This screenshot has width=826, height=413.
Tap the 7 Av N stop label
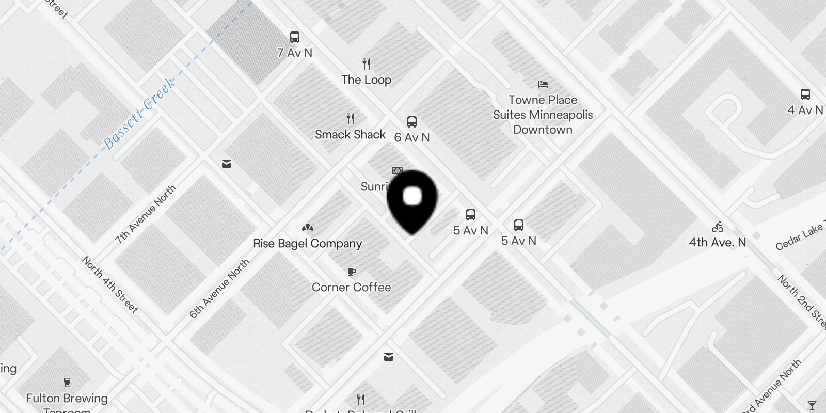[x=295, y=53]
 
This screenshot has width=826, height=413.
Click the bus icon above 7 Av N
[x=295, y=37]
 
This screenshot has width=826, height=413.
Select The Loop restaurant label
[x=366, y=80]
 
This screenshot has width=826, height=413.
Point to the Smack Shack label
[x=350, y=134]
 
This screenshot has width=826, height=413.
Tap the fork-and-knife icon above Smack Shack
[x=351, y=119]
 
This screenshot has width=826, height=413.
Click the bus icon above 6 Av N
[x=411, y=122]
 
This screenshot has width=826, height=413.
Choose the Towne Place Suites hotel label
[x=543, y=115]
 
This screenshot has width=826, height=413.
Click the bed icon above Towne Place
[x=543, y=84]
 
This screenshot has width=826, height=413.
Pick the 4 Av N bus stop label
[x=805, y=110]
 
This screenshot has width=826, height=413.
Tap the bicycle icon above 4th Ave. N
[x=717, y=227]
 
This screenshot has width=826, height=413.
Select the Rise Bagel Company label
[x=307, y=243]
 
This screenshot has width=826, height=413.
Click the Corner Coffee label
[x=351, y=287]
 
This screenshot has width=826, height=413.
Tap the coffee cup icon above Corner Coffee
[x=352, y=272]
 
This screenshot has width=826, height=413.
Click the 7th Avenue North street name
[x=146, y=214]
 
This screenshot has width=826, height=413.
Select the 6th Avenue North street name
[x=219, y=288]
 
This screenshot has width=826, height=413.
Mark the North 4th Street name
[x=110, y=284]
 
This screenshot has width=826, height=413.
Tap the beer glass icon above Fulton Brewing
[x=67, y=383]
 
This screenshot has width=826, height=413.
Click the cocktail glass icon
[x=812, y=405]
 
